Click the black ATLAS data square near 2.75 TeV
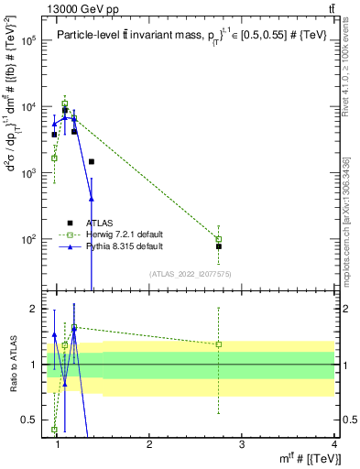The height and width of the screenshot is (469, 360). pyautogui.click(x=219, y=246)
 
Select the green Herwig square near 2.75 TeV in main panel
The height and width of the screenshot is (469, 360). pyautogui.click(x=219, y=238)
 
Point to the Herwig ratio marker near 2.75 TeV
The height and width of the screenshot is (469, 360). pyautogui.click(x=219, y=344)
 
